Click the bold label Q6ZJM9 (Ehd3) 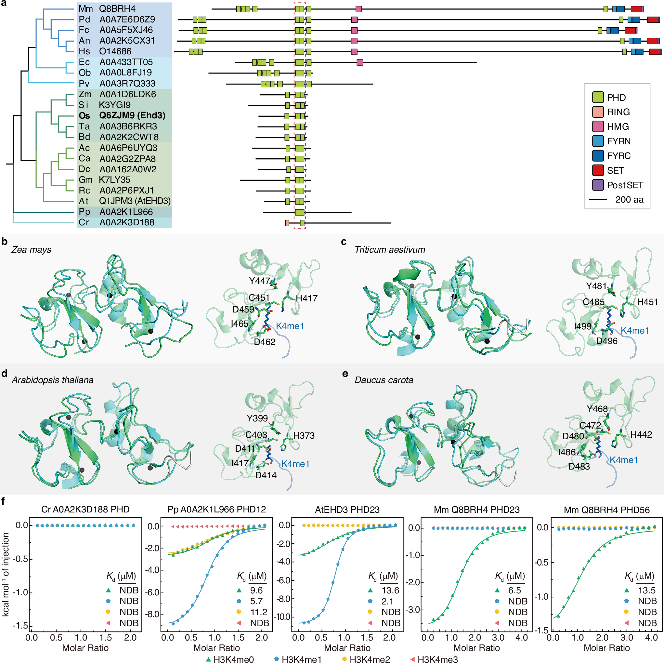pyautogui.click(x=132, y=115)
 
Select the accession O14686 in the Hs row pyautogui.click(x=115, y=51)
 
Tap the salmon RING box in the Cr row pyautogui.click(x=287, y=223)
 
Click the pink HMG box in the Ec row pyautogui.click(x=359, y=62)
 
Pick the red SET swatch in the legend pyautogui.click(x=598, y=170)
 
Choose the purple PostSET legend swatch pyautogui.click(x=598, y=185)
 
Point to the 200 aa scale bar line pyautogui.click(x=598, y=200)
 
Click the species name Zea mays pyautogui.click(x=31, y=250)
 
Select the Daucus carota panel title pyautogui.click(x=384, y=380)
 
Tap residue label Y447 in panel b pyautogui.click(x=259, y=281)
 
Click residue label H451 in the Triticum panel pyautogui.click(x=647, y=302)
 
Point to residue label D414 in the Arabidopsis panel pyautogui.click(x=266, y=475)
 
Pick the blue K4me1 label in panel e pyautogui.click(x=623, y=460)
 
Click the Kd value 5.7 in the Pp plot pyautogui.click(x=256, y=601)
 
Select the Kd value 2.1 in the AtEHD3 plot pyautogui.click(x=387, y=601)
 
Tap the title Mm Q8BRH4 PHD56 pyautogui.click(x=606, y=510)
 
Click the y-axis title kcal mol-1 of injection pyautogui.click(x=6, y=574)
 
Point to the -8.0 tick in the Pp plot pyautogui.click(x=151, y=614)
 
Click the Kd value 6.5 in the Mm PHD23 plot pyautogui.click(x=514, y=590)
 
